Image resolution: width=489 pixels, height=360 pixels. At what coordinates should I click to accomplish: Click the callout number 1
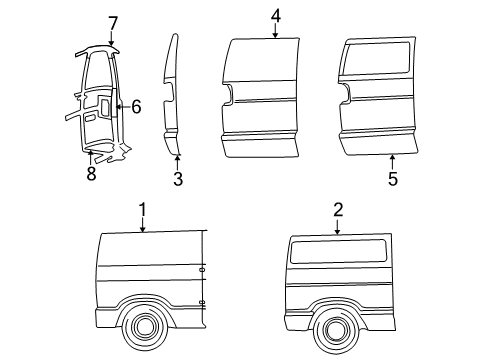click(x=143, y=210)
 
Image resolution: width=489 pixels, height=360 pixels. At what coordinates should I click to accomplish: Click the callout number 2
click(x=338, y=209)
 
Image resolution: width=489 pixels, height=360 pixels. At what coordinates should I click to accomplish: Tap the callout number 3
click(x=177, y=179)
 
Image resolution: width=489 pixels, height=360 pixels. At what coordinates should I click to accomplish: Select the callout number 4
click(x=275, y=15)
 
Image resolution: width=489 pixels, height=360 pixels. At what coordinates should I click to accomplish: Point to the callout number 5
click(x=392, y=179)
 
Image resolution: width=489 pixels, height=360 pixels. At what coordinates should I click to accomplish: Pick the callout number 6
click(x=137, y=106)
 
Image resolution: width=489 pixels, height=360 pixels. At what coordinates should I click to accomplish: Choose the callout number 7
click(x=113, y=22)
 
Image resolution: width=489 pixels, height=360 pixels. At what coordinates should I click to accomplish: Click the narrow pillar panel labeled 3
click(x=171, y=95)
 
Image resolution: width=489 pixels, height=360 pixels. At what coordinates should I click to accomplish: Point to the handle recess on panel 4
click(x=229, y=95)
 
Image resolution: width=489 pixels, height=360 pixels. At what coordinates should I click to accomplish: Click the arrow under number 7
click(x=112, y=40)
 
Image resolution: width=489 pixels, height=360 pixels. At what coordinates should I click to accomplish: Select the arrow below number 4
click(x=275, y=32)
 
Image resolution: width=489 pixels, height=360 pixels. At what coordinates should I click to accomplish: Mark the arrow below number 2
click(x=338, y=227)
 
